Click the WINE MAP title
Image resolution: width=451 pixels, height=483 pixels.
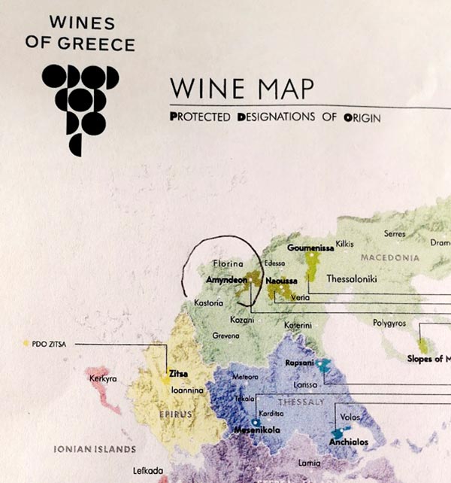click(241, 88)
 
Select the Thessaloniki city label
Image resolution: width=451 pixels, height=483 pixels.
click(351, 278)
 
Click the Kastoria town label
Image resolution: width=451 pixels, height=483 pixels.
click(209, 302)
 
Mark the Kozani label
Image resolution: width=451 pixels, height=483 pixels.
click(243, 320)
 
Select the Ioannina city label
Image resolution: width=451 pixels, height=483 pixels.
click(184, 390)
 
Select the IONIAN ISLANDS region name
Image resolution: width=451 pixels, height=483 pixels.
click(94, 449)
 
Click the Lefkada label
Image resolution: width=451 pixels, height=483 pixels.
click(148, 470)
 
